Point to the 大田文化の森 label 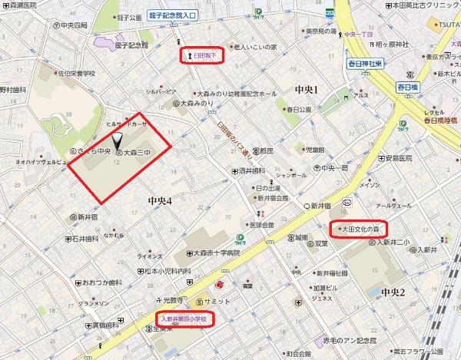[x=359, y=229]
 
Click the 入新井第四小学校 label [x=184, y=317]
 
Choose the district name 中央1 [x=306, y=91]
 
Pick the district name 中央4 [x=159, y=200]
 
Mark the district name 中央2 [x=392, y=292]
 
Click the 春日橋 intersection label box [x=405, y=87]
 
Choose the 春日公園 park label [x=296, y=109]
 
